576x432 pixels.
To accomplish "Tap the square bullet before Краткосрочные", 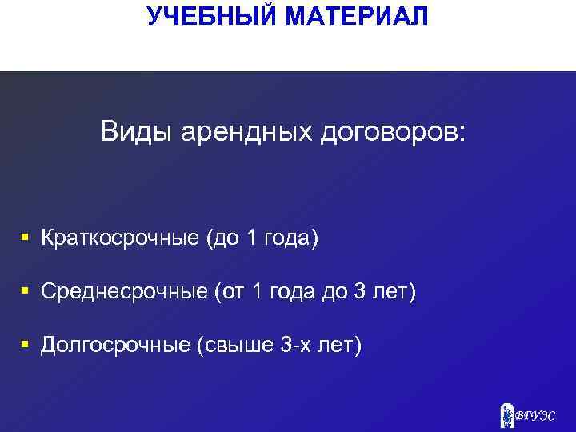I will tap(26, 238).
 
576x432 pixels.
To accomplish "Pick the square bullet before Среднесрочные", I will tap(26, 291).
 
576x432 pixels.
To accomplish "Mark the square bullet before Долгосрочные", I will tap(26, 345).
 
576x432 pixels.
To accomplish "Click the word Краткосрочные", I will tap(120, 238).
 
